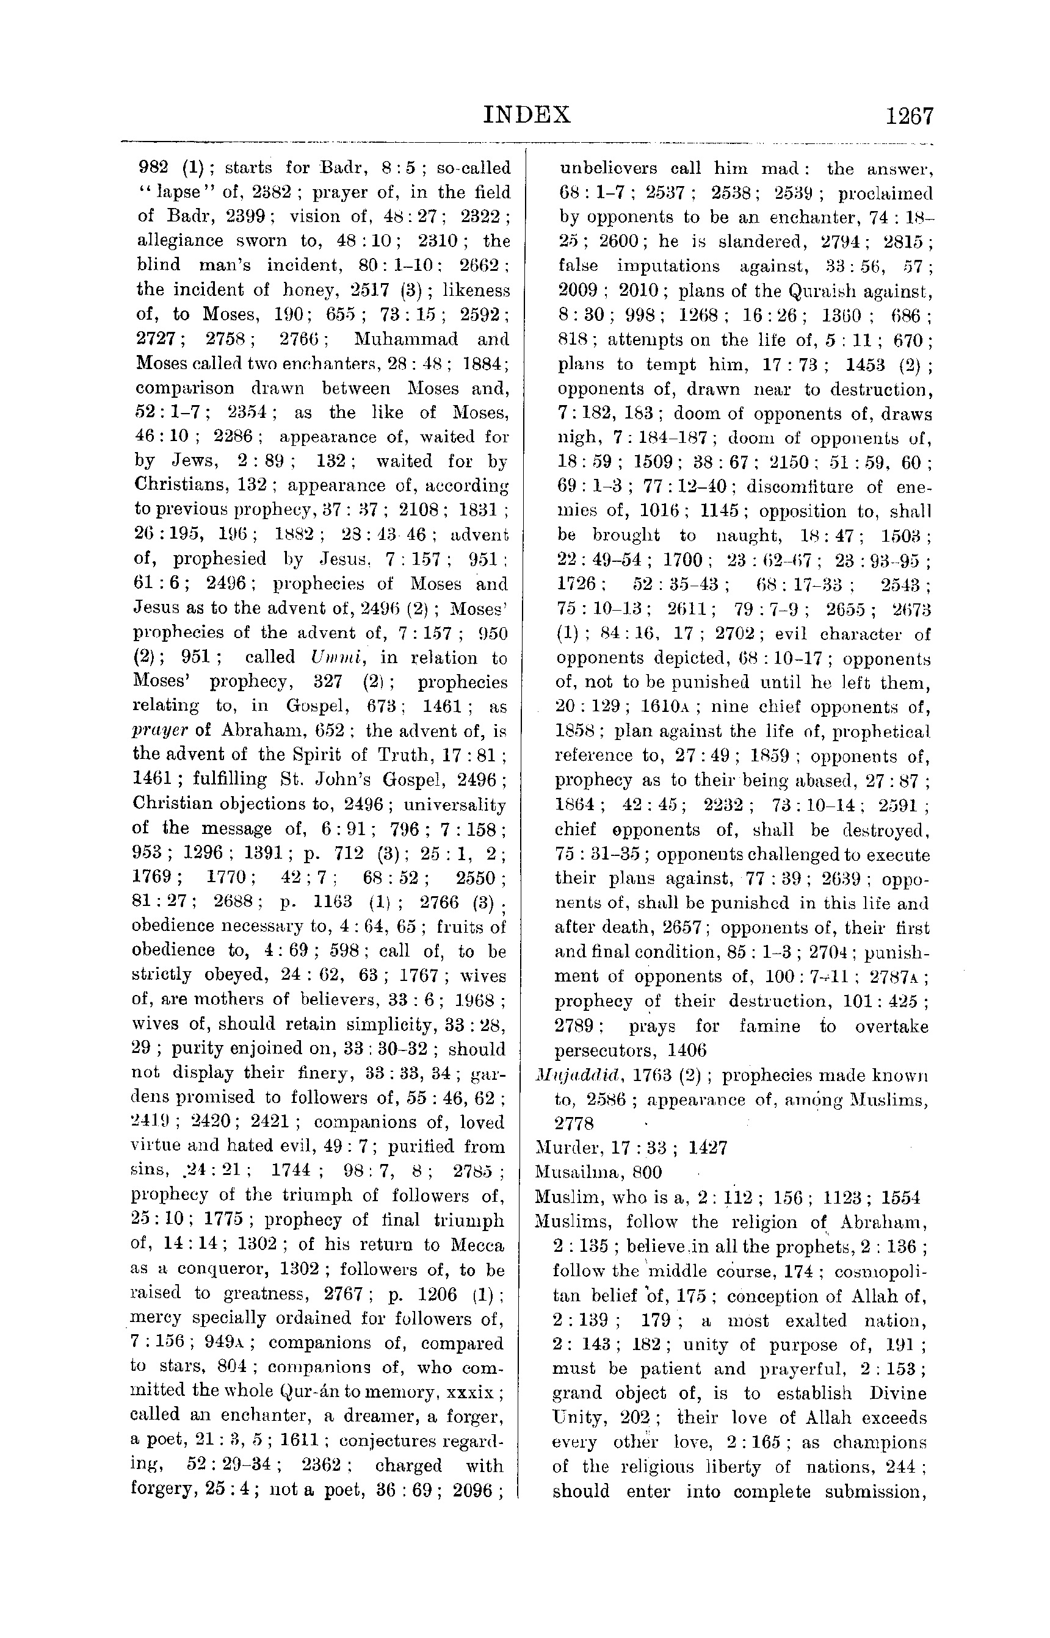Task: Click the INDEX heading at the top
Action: click(x=526, y=115)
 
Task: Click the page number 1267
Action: click(x=909, y=117)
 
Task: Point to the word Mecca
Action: click(x=477, y=1245)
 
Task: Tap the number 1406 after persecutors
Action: click(x=687, y=1050)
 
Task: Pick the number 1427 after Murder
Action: click(x=707, y=1148)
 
